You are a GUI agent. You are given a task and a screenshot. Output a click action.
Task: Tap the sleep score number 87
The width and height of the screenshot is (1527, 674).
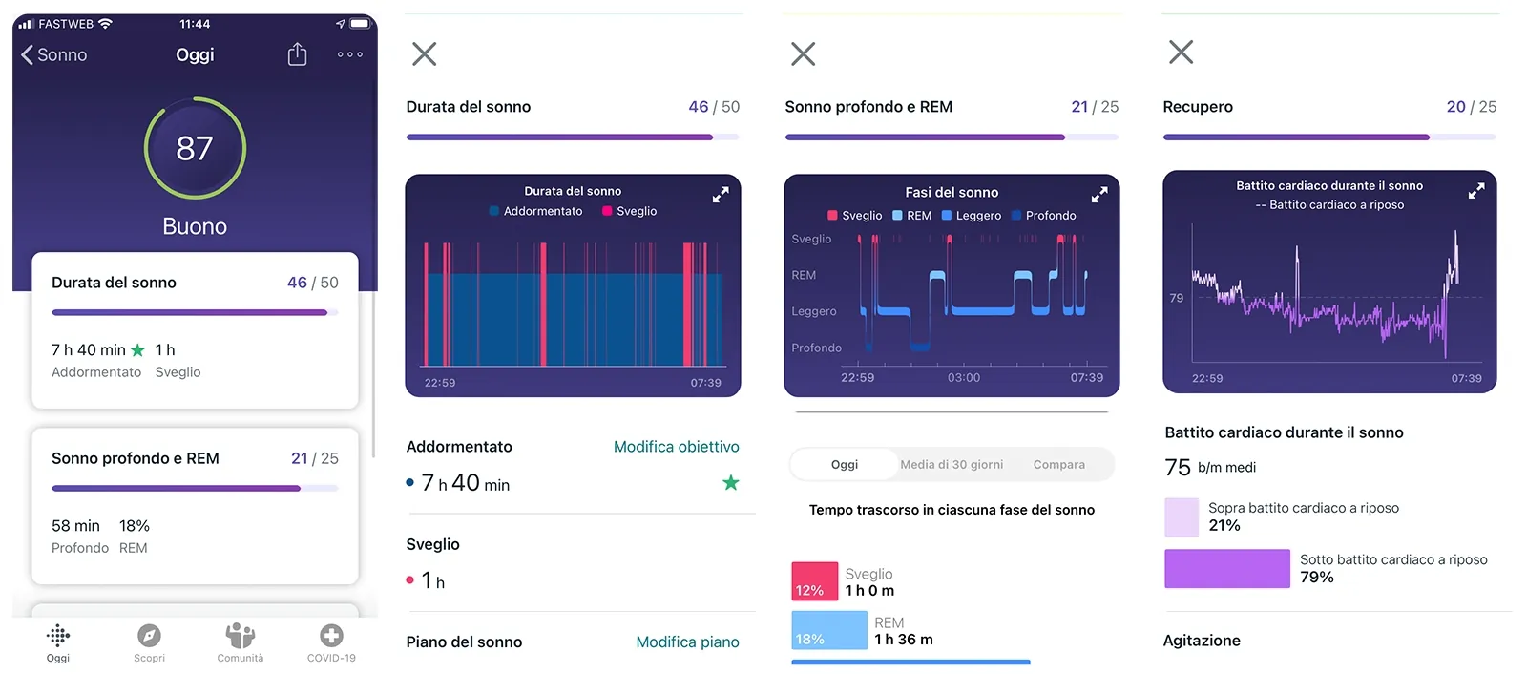[195, 148]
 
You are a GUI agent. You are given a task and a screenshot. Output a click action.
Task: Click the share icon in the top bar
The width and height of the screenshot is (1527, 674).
[297, 54]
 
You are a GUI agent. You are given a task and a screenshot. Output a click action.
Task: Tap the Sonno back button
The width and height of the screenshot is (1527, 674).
[54, 54]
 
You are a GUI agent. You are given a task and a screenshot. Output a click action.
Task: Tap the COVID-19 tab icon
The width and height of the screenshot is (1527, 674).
[331, 636]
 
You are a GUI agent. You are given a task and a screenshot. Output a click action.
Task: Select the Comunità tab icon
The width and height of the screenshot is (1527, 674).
[240, 636]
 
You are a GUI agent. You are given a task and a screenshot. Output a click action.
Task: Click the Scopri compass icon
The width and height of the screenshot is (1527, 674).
[149, 636]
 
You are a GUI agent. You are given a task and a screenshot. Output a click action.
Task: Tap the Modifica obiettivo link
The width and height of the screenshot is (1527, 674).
[676, 447]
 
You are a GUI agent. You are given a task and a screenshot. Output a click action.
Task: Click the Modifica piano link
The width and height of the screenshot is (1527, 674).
[687, 642]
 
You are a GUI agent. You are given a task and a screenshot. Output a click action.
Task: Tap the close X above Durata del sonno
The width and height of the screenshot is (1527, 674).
[424, 53]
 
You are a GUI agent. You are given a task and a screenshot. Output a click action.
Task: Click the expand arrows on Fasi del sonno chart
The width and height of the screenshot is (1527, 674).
[1099, 194]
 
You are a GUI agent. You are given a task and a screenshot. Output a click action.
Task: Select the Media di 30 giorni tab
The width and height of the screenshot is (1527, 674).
[952, 465]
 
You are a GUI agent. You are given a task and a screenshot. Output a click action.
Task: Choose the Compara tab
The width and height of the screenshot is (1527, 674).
[1058, 465]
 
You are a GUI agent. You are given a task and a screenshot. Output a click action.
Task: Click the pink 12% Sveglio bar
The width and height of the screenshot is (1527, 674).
[814, 581]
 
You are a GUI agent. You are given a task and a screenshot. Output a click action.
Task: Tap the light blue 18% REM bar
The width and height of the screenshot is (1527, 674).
[828, 630]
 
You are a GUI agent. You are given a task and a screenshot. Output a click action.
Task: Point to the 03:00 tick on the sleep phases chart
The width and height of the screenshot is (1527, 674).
[964, 377]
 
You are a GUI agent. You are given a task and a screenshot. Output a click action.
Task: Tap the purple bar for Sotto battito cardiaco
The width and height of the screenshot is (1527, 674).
[1226, 568]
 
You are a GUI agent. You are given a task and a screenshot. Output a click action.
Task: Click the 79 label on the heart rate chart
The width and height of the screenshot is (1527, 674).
[1176, 298]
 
